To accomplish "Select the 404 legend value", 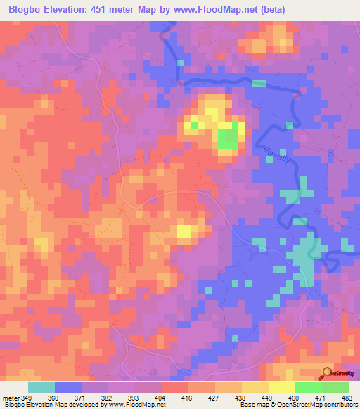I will pyautogui.click(x=161, y=398).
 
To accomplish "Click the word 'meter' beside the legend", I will pyautogui.click(x=10, y=398).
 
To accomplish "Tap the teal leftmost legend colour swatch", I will pyautogui.click(x=41, y=387).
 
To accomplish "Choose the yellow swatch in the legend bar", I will pyautogui.click(x=281, y=387).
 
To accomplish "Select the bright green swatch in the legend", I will pyautogui.click(x=308, y=387).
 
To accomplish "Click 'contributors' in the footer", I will pyautogui.click(x=339, y=405).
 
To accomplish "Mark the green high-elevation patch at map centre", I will pyautogui.click(x=227, y=138).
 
